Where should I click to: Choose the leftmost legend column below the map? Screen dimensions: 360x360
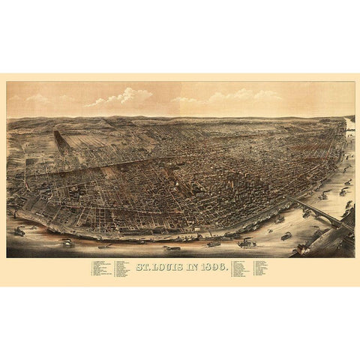pyautogui.click(x=103, y=268)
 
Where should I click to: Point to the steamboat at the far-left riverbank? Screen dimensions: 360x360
pyautogui.click(x=19, y=231)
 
